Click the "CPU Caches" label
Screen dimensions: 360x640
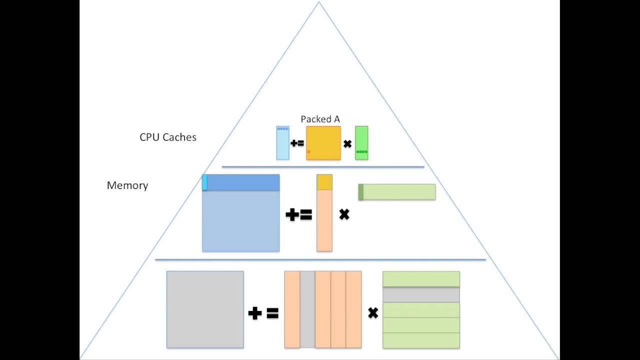168,137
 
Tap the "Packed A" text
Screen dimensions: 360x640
320,119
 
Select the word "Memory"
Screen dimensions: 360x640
127,185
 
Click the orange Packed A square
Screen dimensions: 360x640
323,143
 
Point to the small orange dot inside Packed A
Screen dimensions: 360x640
309,151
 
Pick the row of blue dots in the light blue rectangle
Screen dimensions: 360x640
283,129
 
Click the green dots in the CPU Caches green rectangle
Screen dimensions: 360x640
361,151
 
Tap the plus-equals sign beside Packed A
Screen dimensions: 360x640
297,143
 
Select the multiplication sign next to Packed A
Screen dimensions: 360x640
347,144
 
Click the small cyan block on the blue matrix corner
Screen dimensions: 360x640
204,182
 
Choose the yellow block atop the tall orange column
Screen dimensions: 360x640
324,182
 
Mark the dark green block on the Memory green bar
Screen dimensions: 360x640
361,192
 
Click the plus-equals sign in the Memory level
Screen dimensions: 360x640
298,215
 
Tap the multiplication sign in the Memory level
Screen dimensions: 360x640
344,214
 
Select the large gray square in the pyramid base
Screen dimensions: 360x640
205,309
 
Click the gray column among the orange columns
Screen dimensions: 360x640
307,309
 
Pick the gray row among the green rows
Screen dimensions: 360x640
421,294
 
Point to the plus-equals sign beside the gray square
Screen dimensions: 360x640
263,313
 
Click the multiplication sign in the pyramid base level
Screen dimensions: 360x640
372,313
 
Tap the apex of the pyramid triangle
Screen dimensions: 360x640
319,2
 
